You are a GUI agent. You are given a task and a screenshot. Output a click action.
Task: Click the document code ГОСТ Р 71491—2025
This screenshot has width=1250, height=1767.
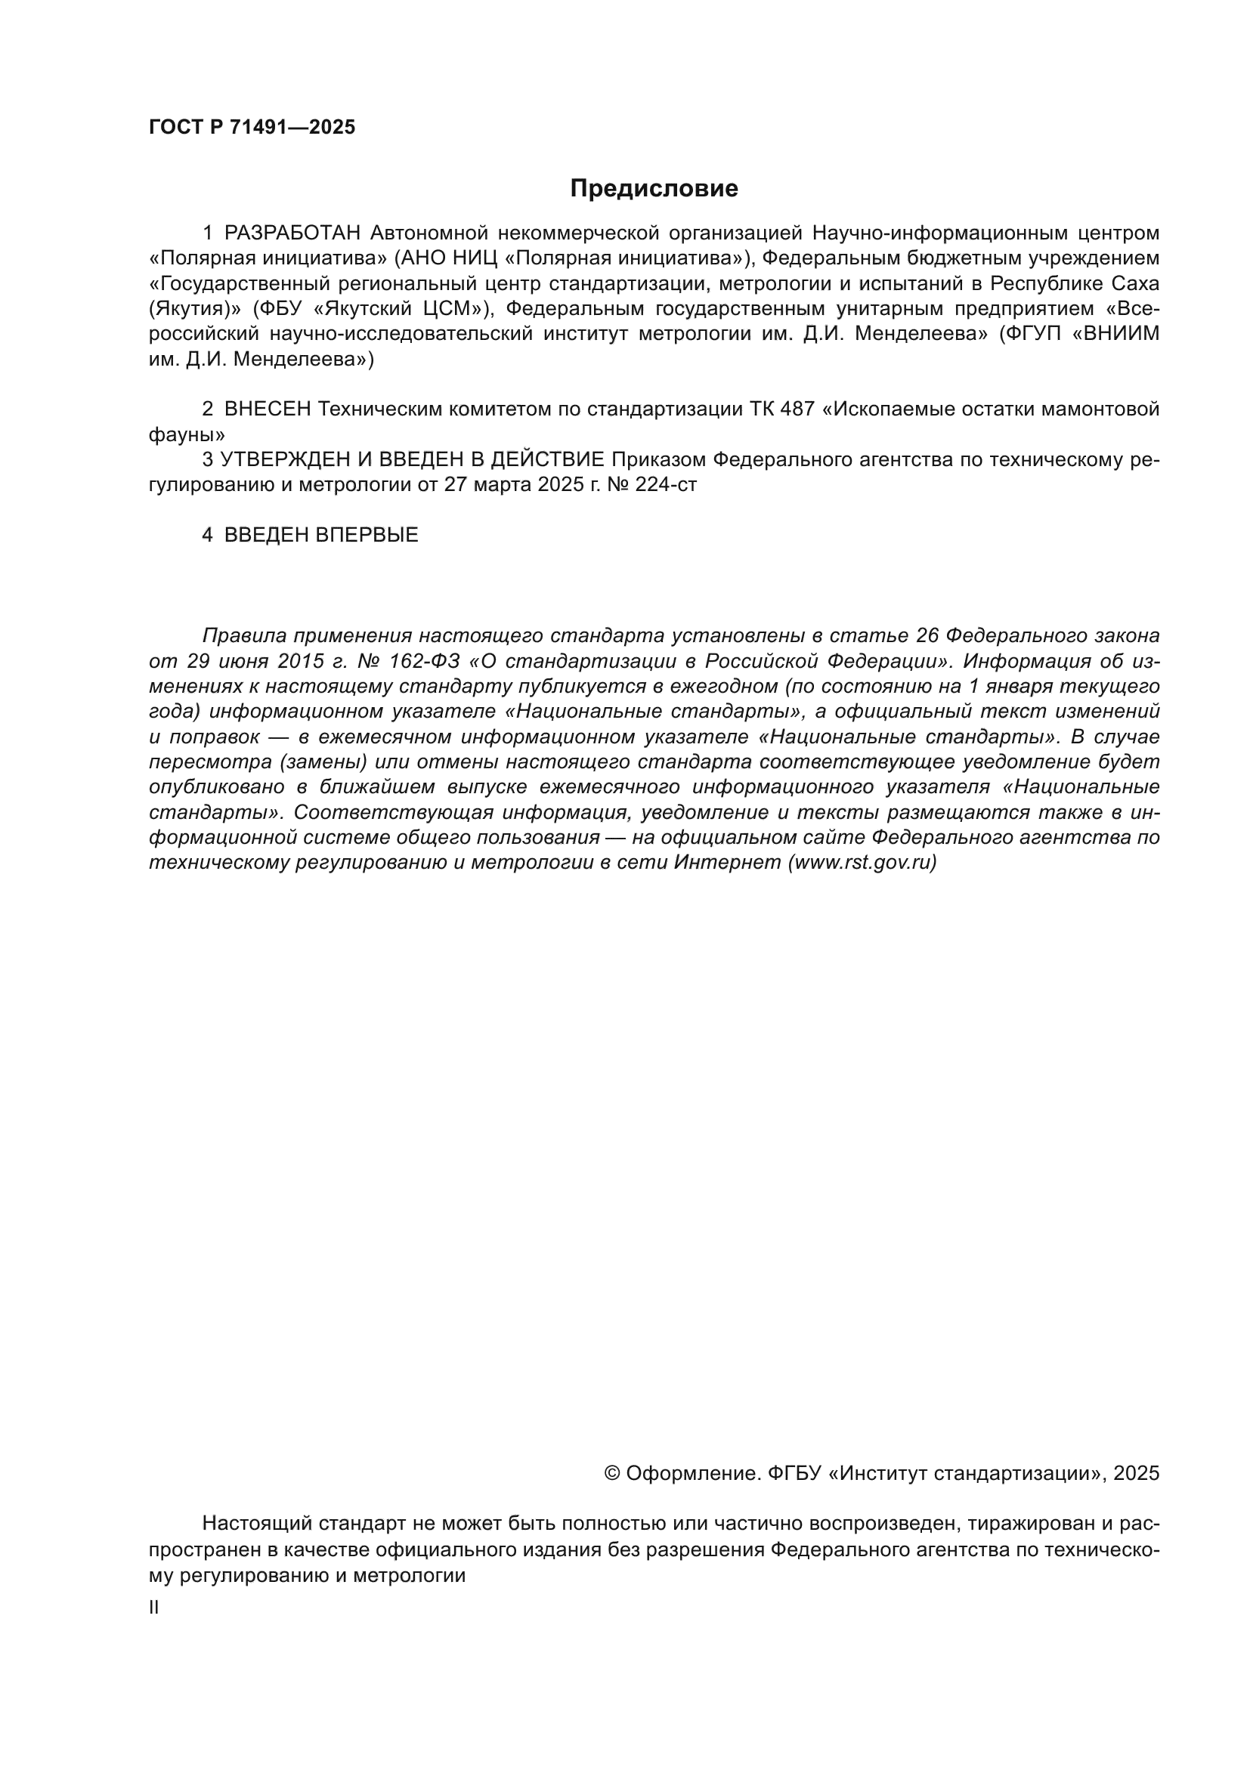[252, 128]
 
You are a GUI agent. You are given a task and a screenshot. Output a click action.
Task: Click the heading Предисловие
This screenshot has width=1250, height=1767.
[654, 189]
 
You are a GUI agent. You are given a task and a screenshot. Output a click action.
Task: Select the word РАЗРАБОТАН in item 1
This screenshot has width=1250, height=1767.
[292, 233]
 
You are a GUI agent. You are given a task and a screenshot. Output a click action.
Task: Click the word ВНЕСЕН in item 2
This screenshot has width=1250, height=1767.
[267, 409]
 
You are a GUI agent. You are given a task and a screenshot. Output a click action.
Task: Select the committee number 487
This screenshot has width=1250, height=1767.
[797, 409]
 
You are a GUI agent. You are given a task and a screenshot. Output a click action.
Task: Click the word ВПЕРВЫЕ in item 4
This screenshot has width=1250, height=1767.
[367, 535]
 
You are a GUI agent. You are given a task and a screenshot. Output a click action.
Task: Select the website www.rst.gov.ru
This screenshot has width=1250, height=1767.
[862, 863]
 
